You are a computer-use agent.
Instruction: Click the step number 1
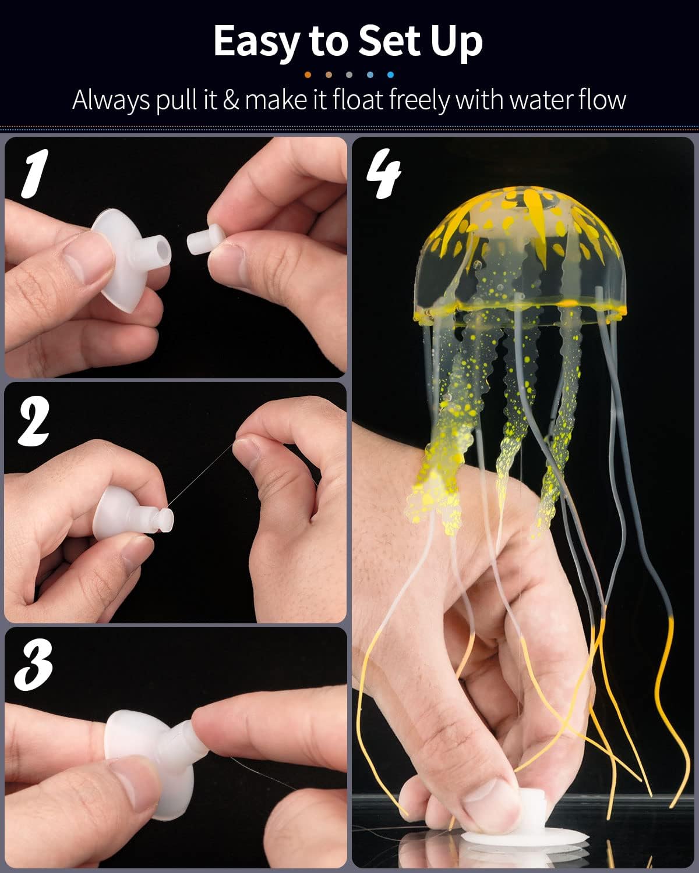point(33,173)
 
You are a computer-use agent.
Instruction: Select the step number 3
point(33,666)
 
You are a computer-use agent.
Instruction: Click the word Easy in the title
point(256,42)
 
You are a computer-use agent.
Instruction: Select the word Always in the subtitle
point(111,100)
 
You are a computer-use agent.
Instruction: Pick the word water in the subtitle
point(542,100)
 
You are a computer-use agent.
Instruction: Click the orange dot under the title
point(308,74)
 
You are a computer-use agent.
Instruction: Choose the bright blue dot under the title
point(390,74)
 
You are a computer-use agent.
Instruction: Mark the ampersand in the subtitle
point(231,100)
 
